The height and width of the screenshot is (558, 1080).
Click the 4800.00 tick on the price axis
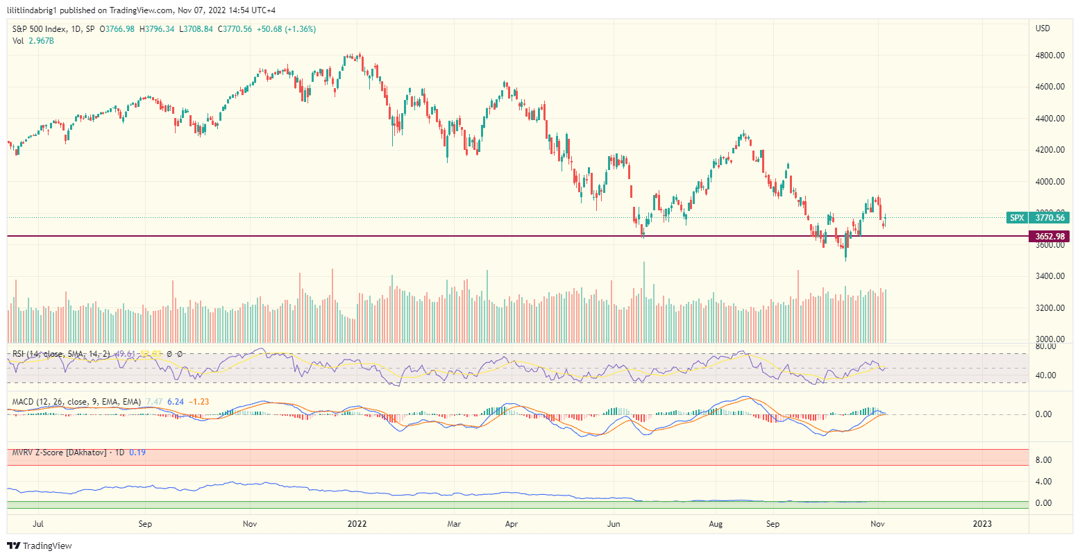tap(1049, 56)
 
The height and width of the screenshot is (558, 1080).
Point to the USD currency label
tap(1043, 28)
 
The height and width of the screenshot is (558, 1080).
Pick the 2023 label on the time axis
tap(982, 524)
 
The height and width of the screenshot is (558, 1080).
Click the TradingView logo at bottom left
tap(40, 546)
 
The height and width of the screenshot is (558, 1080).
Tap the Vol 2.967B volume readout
tap(33, 41)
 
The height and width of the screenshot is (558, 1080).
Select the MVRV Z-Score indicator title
tap(59, 453)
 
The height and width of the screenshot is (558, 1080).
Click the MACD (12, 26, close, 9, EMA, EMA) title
tap(76, 402)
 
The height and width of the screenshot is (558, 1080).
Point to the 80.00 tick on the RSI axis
tap(1045, 346)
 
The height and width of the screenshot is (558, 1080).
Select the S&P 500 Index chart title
tap(41, 29)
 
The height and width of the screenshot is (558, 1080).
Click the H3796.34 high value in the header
tap(157, 29)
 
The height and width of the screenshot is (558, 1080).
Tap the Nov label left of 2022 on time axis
tap(251, 524)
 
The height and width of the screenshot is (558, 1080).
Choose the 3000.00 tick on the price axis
tap(1049, 339)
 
